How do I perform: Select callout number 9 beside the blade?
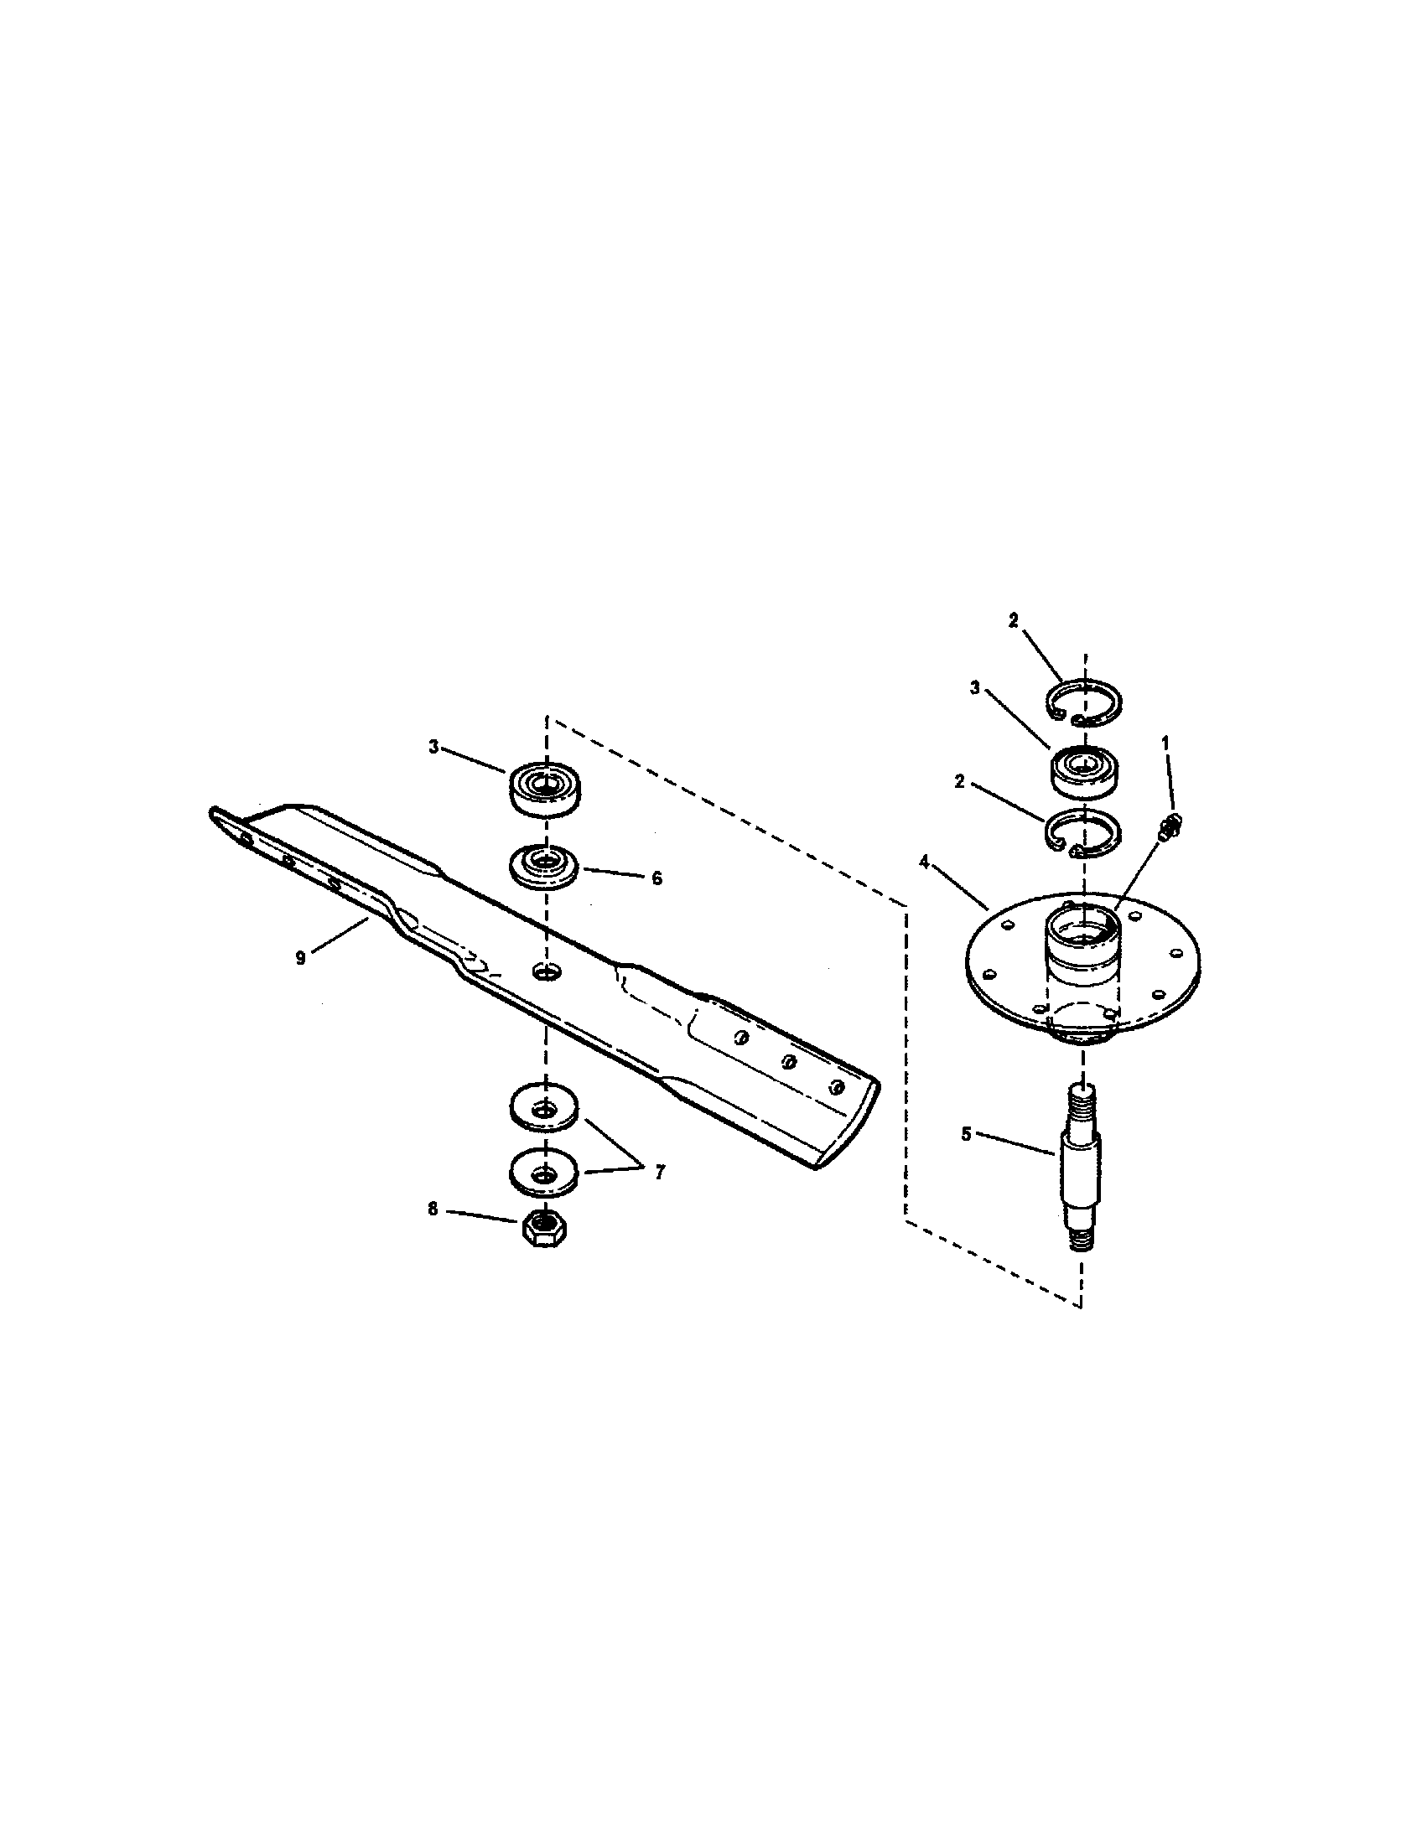tap(301, 958)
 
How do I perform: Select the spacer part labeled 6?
tap(544, 863)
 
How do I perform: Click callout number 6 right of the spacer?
tap(657, 878)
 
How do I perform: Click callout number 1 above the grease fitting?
tap(1166, 742)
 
